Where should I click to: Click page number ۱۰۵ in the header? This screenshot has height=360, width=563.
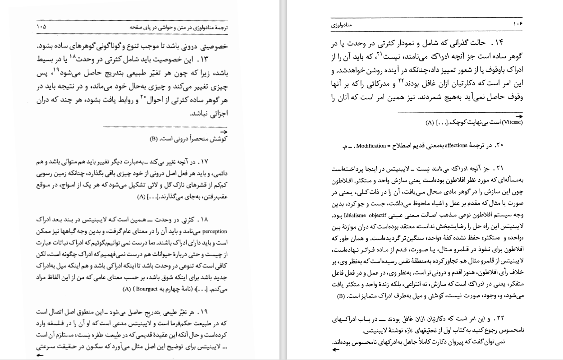(41, 27)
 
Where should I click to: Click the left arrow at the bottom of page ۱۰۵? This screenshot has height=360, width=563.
(41, 355)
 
